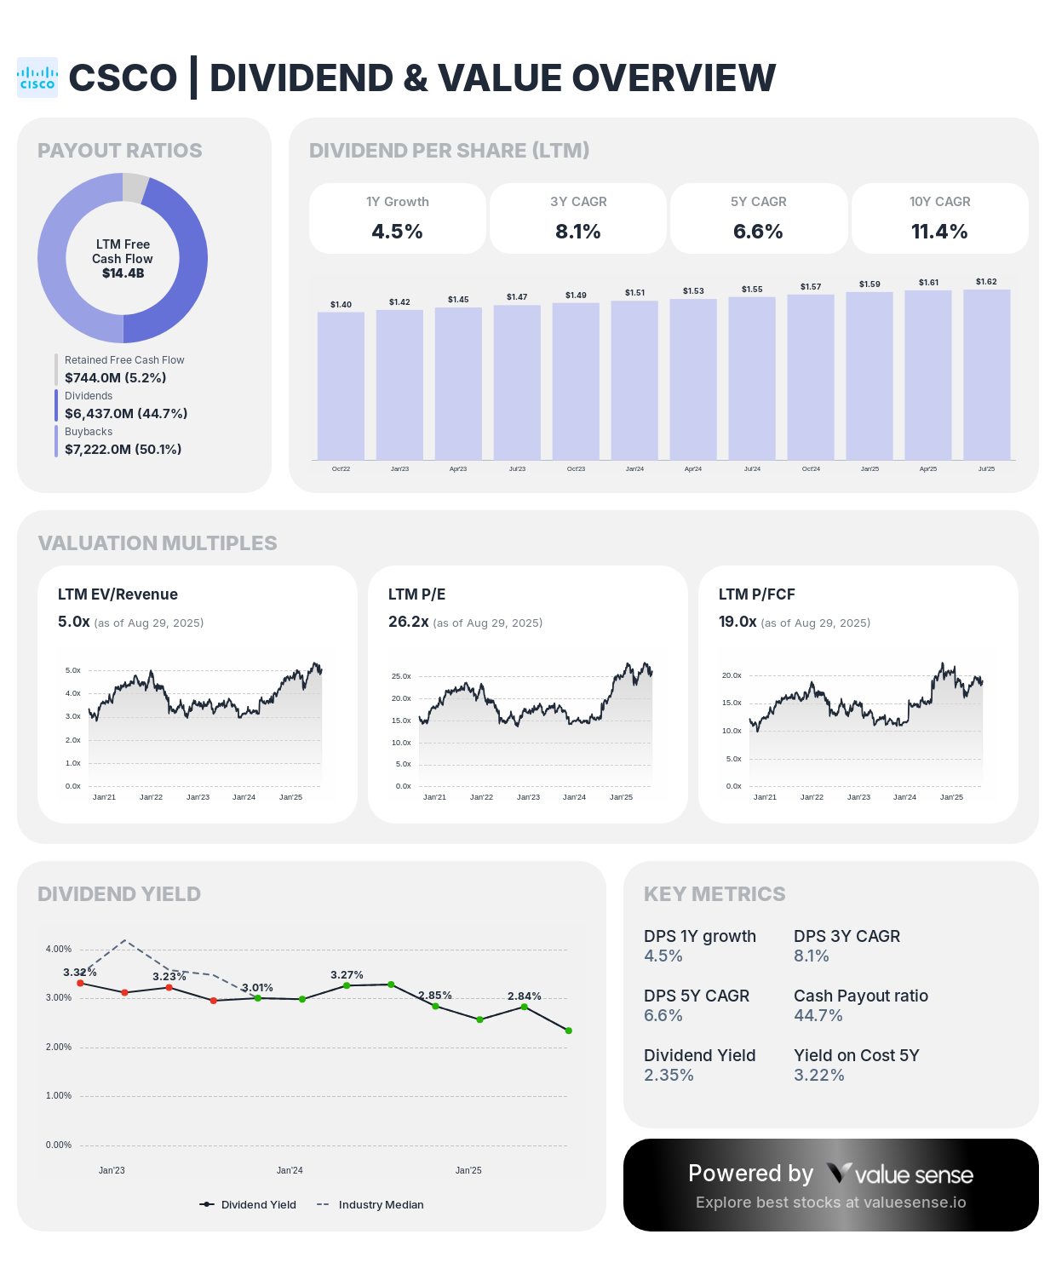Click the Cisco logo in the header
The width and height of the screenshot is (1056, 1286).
pyautogui.click(x=37, y=78)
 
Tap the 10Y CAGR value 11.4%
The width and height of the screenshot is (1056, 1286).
pyautogui.click(x=939, y=232)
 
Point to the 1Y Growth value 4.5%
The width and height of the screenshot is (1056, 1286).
pyautogui.click(x=397, y=232)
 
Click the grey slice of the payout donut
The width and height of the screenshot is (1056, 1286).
pyautogui.click(x=135, y=187)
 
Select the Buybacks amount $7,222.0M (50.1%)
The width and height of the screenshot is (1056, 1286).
pyautogui.click(x=123, y=449)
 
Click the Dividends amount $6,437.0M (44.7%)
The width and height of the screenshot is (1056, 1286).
pyautogui.click(x=126, y=413)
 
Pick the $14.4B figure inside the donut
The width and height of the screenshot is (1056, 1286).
pyautogui.click(x=123, y=273)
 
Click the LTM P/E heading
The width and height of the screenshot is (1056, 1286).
pyautogui.click(x=416, y=594)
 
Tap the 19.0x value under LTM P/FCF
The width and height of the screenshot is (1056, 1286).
pyautogui.click(x=737, y=622)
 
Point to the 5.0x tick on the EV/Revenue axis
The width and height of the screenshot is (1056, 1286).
pyautogui.click(x=73, y=671)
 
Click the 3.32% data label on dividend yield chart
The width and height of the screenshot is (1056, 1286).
pyautogui.click(x=80, y=972)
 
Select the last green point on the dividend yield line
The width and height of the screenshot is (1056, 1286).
pyautogui.click(x=569, y=1031)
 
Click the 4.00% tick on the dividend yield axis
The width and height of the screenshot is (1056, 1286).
pyautogui.click(x=59, y=949)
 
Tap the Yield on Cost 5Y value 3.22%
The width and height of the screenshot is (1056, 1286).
pyautogui.click(x=818, y=1075)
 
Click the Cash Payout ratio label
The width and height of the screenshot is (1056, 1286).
pyautogui.click(x=860, y=996)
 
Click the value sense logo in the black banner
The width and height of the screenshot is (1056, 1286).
pyautogui.click(x=900, y=1174)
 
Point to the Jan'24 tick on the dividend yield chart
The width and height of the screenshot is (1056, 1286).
pyautogui.click(x=290, y=1170)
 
